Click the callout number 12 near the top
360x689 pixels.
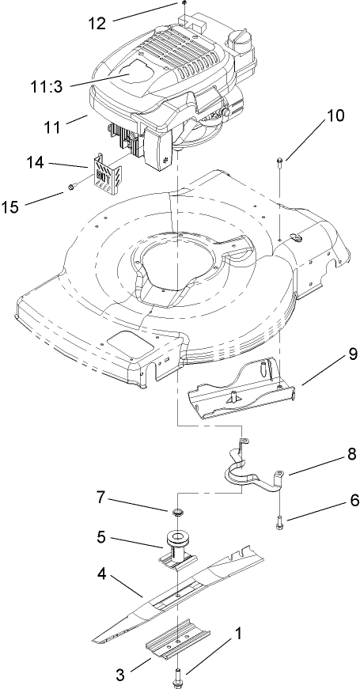96,24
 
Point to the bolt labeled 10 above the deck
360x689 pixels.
280,163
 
